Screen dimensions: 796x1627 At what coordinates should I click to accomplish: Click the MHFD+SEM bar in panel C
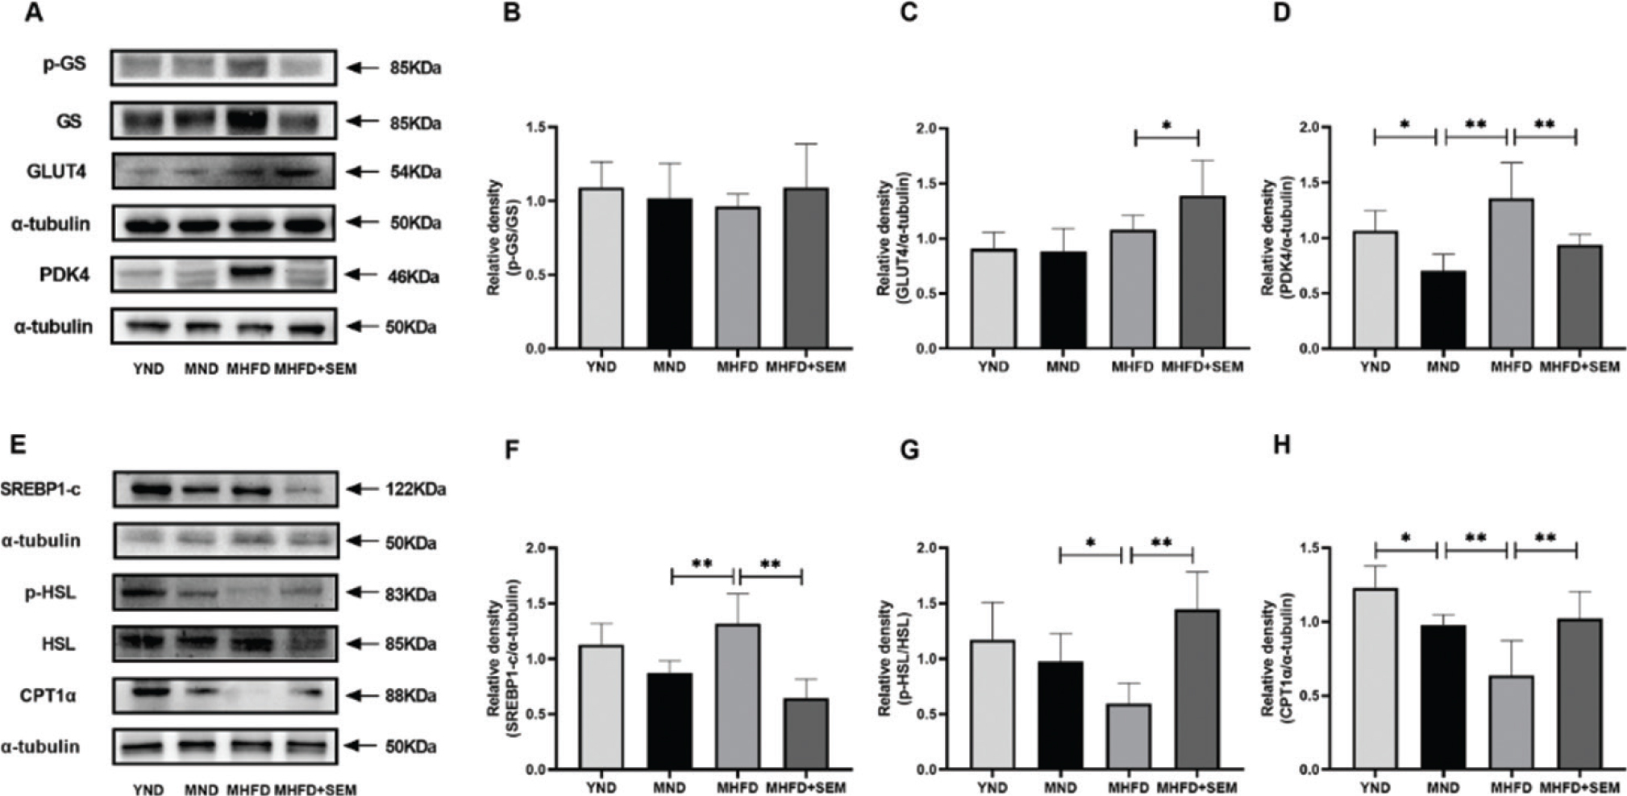tap(1202, 273)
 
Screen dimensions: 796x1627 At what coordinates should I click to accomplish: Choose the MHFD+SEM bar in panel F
tap(805, 734)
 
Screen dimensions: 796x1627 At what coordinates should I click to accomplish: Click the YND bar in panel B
tap(601, 269)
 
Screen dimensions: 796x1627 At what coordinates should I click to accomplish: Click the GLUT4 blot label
tap(56, 172)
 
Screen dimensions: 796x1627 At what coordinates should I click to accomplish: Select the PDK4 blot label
tap(64, 275)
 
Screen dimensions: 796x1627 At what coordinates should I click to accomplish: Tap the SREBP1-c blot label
tap(40, 490)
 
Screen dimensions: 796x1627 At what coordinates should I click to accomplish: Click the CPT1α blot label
tap(48, 695)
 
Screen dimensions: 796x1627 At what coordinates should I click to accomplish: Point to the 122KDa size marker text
tap(415, 490)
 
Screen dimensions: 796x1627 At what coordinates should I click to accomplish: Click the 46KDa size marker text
tap(415, 277)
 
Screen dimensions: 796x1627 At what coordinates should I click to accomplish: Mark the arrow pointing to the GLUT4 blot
tap(362, 172)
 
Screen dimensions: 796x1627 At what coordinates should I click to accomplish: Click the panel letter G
tap(909, 449)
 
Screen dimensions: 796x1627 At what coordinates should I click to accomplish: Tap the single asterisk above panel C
tap(1167, 126)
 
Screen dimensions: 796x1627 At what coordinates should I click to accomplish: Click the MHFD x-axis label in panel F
tap(737, 788)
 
